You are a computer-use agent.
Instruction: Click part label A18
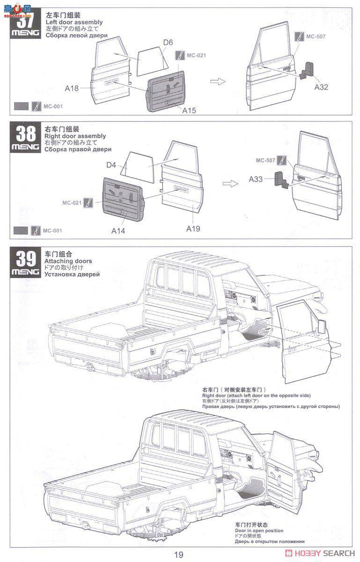(72, 87)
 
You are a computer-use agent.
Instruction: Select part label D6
(168, 43)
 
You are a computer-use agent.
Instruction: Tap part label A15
(189, 111)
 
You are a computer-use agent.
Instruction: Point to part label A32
(321, 87)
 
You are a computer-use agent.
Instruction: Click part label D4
(111, 165)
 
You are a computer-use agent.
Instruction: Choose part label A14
(118, 230)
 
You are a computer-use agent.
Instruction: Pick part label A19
(193, 229)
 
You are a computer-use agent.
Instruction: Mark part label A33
(256, 179)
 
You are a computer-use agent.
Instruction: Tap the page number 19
(179, 555)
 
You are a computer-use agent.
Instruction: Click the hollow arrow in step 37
(217, 81)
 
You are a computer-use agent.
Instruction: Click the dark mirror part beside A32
(307, 70)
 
